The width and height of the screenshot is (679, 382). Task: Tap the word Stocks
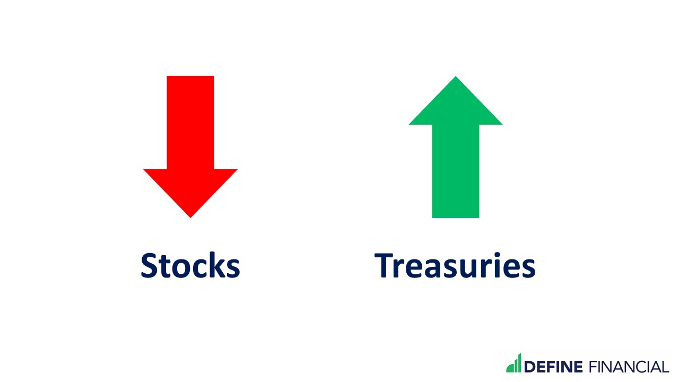point(190,265)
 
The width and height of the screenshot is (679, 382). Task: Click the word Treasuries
point(455,265)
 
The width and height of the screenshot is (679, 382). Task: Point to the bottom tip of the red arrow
point(190,216)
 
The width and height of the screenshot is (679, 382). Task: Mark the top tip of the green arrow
point(456,78)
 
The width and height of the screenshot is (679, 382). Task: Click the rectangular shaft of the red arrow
point(190,122)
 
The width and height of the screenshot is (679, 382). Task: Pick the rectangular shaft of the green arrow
point(456,170)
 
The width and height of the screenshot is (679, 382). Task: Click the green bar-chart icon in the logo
point(513,364)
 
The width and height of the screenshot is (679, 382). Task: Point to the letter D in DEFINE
point(530,367)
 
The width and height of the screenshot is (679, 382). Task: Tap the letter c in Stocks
point(201,268)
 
